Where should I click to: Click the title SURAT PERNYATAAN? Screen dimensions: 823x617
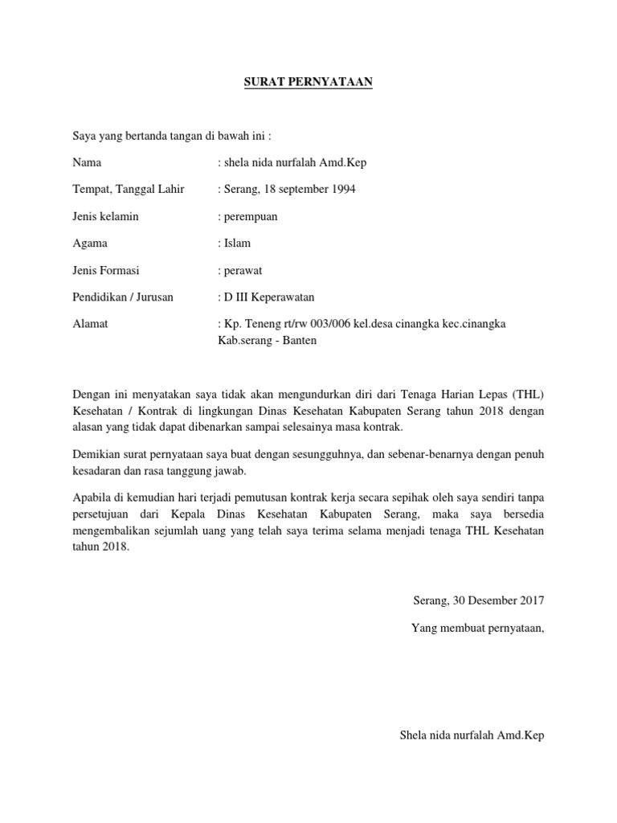coord(308,82)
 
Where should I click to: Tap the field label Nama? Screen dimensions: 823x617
coord(87,162)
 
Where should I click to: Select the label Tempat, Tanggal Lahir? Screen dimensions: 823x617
coord(129,189)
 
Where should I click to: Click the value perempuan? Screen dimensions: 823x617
coord(251,216)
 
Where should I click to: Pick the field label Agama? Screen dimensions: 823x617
coord(90,243)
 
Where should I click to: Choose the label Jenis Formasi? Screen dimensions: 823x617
coord(106,270)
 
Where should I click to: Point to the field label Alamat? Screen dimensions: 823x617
coord(90,323)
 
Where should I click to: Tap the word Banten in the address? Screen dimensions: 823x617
coord(299,340)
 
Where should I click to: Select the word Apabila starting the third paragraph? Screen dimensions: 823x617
coord(92,498)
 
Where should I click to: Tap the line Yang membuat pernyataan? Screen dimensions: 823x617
coord(477,627)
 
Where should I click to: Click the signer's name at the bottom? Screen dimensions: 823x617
coord(472,735)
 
